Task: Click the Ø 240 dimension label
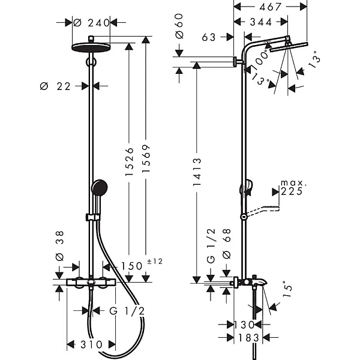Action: point(91,23)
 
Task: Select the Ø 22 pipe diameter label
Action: point(55,86)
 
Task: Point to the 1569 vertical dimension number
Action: point(146,158)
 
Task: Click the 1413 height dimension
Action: point(197,172)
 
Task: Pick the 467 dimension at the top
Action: point(270,7)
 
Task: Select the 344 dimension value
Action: point(261,22)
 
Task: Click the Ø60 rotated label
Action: point(179,26)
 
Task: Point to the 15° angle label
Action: point(287,289)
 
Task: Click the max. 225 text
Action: point(293,188)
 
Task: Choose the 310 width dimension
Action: point(91,344)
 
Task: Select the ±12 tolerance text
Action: point(155,261)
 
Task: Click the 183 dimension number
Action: point(248,337)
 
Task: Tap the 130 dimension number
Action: point(244,325)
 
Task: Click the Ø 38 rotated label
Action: point(59,246)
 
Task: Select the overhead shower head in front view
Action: point(91,47)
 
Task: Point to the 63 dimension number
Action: point(209,37)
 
